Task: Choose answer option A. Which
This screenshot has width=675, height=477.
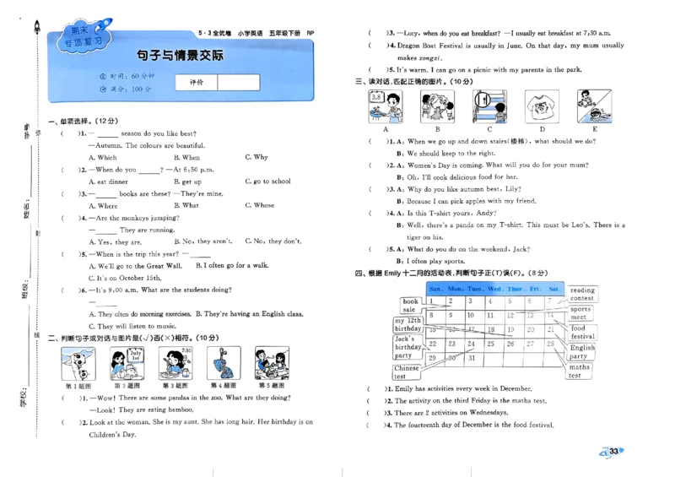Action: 103,157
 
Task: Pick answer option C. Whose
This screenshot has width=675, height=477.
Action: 259,205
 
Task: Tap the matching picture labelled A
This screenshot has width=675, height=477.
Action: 386,106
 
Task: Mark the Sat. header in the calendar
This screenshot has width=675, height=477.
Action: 554,289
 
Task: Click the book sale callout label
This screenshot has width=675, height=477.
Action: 410,306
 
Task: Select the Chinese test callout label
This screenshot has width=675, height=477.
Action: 407,372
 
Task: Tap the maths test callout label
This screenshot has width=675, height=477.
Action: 580,371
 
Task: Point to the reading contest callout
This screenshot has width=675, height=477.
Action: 582,294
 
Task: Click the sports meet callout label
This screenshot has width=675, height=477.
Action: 580,313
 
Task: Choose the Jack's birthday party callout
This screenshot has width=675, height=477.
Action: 408,347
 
